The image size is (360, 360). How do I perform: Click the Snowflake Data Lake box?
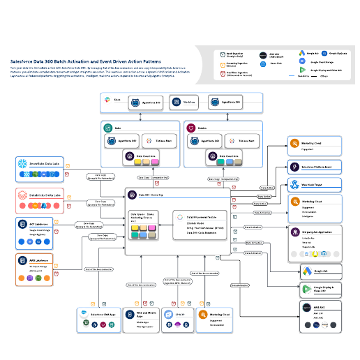39,165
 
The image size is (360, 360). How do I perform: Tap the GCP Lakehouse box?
39,230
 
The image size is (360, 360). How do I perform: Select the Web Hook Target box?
315,185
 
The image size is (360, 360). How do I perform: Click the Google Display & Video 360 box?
318,290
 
